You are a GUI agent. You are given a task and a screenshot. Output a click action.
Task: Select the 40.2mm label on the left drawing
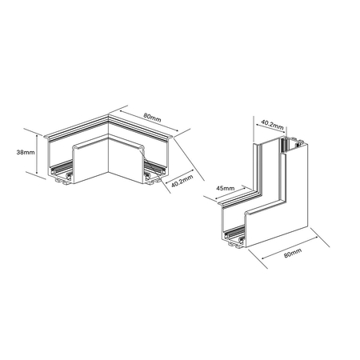tap(181, 184)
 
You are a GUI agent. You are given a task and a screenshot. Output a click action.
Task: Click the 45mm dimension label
tap(225, 189)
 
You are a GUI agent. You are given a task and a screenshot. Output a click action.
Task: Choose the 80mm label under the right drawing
tap(292, 253)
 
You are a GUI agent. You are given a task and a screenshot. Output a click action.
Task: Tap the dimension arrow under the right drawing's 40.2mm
tap(272, 133)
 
